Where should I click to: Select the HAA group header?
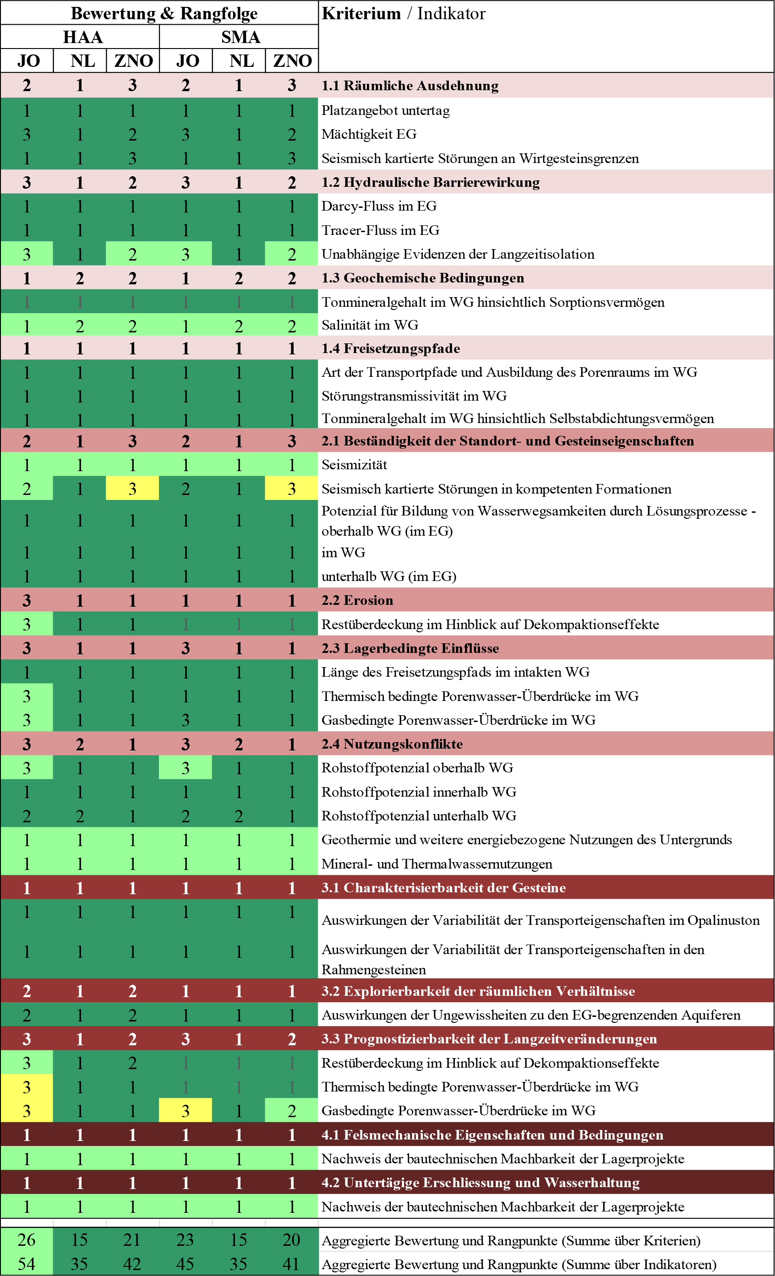coord(83,37)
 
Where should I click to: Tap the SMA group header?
coord(240,37)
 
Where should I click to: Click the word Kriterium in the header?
coord(361,13)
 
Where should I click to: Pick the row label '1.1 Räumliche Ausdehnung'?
coord(410,86)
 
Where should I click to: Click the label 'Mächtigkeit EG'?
coord(369,134)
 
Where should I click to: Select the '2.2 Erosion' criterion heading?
coord(357,600)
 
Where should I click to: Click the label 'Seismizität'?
coord(355,465)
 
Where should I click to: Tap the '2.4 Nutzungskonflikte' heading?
coord(392,744)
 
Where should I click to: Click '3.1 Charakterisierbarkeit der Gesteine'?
coord(443,888)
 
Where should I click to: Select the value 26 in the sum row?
coord(27,1240)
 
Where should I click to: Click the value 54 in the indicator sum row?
coord(27,1264)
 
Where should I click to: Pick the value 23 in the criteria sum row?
coord(186,1240)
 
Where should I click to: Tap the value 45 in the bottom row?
coord(186,1264)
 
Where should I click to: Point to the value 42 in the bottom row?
coord(132,1264)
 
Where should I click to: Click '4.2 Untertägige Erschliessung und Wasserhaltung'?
coord(480,1183)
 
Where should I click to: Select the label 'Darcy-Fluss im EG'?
coord(379,206)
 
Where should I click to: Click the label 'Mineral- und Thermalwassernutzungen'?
coord(437,864)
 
